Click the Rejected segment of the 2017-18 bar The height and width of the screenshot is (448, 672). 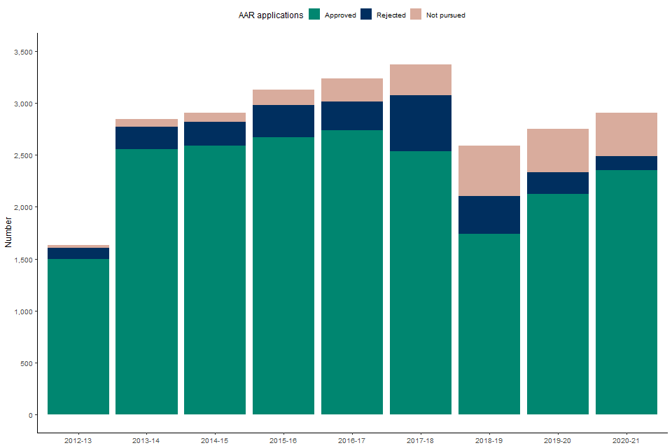[x=420, y=123]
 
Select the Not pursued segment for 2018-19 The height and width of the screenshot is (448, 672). [x=489, y=171]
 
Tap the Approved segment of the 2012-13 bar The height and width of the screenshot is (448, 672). [x=78, y=337]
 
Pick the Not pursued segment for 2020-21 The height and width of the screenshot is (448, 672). [x=626, y=134]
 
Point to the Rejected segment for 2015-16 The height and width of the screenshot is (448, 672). [x=283, y=121]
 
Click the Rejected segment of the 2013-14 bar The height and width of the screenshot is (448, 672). [x=146, y=138]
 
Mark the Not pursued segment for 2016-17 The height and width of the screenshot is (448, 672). [x=351, y=90]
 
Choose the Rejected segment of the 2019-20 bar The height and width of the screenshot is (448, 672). [x=557, y=183]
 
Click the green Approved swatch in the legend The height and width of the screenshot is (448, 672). [x=314, y=15]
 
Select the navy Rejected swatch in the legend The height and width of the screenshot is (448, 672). [x=366, y=15]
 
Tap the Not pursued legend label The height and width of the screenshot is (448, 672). [x=445, y=15]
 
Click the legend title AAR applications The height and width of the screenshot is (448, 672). [x=270, y=15]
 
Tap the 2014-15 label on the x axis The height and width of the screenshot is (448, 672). [x=214, y=440]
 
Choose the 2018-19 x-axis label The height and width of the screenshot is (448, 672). [x=489, y=440]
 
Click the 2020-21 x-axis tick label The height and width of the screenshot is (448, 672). [x=626, y=440]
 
